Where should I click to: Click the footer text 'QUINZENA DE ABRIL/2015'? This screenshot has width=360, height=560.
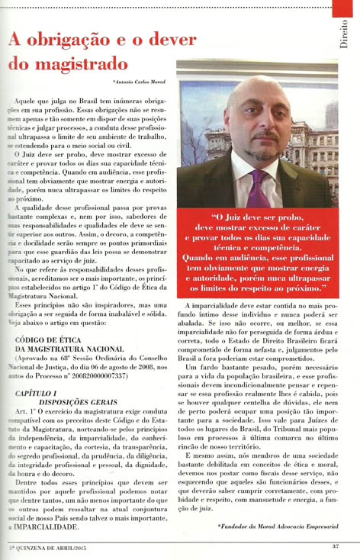click(x=52, y=545)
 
